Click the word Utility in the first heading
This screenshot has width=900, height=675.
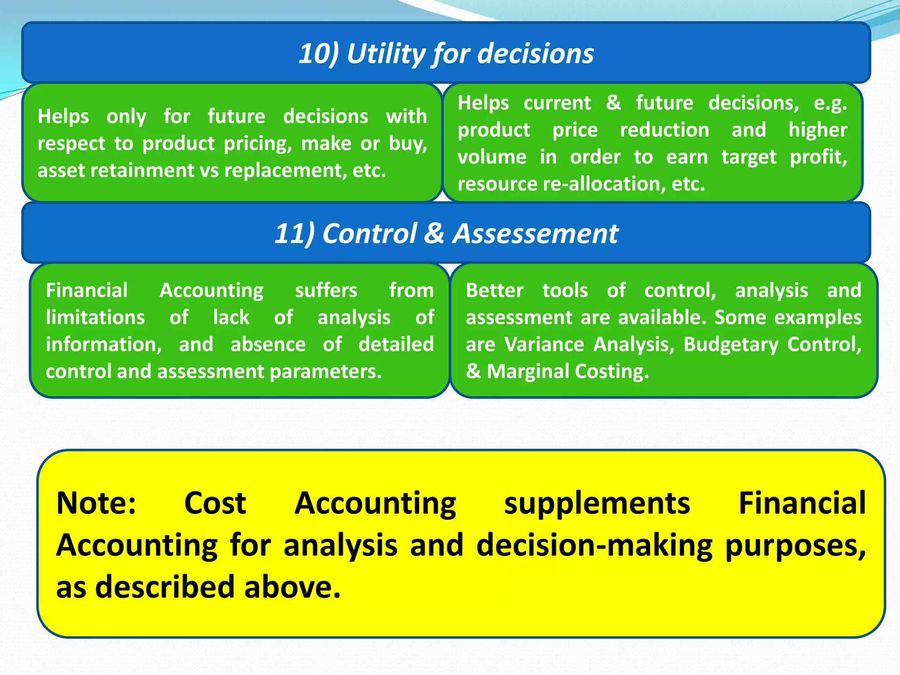click(386, 54)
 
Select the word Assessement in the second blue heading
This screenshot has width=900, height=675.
click(535, 233)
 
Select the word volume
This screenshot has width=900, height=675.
click(492, 157)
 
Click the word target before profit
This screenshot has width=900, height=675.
click(749, 157)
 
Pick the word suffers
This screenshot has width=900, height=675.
click(326, 290)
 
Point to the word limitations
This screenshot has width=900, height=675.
click(95, 318)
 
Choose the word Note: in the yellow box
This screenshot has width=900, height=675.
click(96, 503)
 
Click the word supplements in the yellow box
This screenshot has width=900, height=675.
click(597, 503)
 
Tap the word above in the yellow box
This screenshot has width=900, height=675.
click(292, 588)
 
